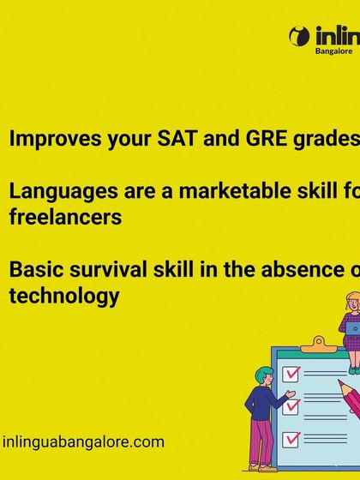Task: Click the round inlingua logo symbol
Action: [299, 36]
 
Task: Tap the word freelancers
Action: [65, 217]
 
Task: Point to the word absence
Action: [303, 271]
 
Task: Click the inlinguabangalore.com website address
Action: [83, 442]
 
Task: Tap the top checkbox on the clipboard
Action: [291, 375]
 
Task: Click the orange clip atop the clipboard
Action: [319, 344]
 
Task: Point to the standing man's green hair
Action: [264, 374]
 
